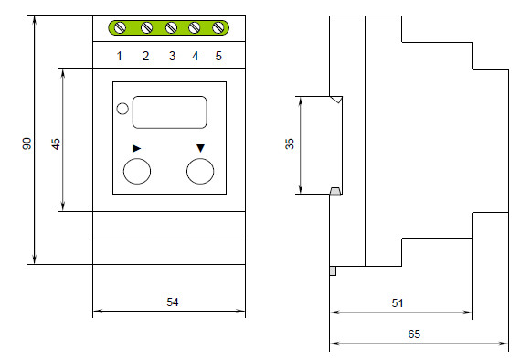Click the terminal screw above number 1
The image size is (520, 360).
point(120,27)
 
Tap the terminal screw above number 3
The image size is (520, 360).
point(171,27)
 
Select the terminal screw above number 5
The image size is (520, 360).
point(218,27)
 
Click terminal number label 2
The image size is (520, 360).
point(145,56)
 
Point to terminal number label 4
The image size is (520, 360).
point(195,56)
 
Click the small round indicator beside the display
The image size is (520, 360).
point(122,109)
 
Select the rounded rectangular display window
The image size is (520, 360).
point(169,112)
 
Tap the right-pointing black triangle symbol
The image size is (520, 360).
point(136,148)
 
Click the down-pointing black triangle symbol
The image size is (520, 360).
point(200,148)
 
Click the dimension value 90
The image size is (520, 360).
point(27,143)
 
